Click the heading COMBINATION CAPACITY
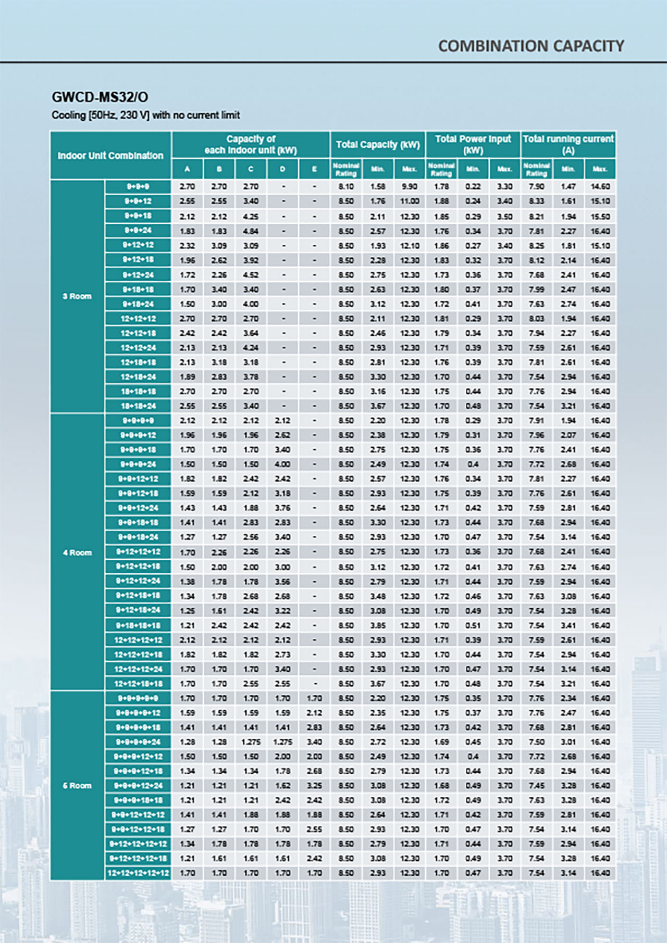[530, 46]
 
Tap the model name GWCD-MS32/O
[100, 97]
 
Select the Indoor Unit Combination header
[110, 155]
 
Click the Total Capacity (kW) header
[378, 144]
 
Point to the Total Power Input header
[473, 144]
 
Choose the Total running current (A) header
[568, 144]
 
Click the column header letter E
[314, 169]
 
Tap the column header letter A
[187, 169]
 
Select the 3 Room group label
[77, 296]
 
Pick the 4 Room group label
[77, 552]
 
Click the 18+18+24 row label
[138, 406]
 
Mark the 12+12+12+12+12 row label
[138, 873]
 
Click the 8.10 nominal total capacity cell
[346, 186]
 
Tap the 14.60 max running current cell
[600, 186]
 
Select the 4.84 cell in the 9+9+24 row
[251, 231]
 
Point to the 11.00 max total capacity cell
[410, 201]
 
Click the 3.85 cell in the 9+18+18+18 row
[378, 625]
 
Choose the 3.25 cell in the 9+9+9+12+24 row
[314, 785]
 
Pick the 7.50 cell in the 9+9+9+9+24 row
[536, 741]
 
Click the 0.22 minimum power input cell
[473, 186]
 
